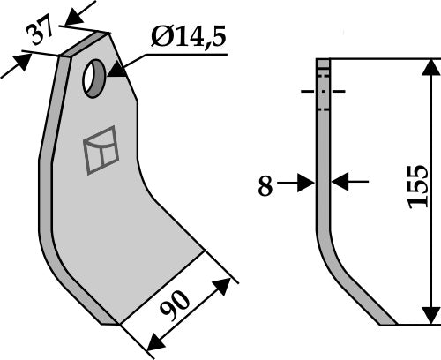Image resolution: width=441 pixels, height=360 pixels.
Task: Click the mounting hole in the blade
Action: [x=93, y=79]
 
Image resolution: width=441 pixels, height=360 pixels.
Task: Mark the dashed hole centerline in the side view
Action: [x=323, y=91]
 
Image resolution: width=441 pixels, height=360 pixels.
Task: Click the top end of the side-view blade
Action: [x=323, y=61]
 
